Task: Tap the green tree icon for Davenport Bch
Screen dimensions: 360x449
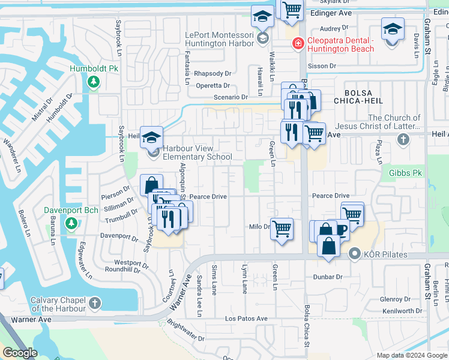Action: point(71,224)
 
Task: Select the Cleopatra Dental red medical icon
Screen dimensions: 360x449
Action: point(297,43)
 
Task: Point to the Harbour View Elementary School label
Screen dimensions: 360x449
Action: point(197,152)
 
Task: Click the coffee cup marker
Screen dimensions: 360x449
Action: point(340,230)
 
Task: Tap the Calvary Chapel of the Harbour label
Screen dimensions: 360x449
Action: point(52,305)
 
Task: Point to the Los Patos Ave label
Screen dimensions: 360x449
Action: point(246,318)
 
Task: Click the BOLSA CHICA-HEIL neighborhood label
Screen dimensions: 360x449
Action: point(367,98)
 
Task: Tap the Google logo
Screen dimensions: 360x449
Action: point(20,353)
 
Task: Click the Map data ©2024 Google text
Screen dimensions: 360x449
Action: point(411,355)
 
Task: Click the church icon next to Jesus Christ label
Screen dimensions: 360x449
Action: point(403,139)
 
